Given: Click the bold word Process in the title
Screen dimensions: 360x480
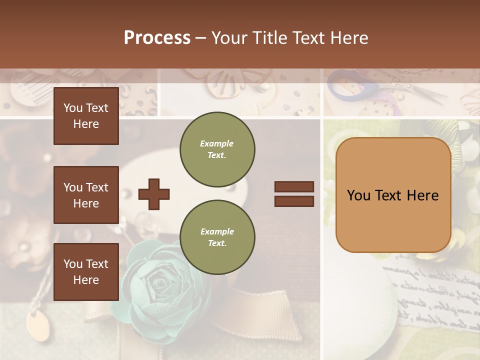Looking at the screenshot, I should click(x=157, y=37).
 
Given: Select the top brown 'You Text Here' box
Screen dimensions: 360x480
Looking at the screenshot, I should click(x=86, y=116).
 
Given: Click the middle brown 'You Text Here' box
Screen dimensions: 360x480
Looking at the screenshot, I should click(x=86, y=195).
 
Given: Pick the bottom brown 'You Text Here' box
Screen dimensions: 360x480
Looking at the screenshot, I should click(x=86, y=271).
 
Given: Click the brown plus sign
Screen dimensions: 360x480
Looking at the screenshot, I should click(x=154, y=193).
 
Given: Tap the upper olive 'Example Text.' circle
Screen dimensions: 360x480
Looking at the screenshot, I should click(x=217, y=149).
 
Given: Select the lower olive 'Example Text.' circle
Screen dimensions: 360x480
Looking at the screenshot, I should click(x=217, y=237).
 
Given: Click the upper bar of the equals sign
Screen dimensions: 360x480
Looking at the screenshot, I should click(x=294, y=186).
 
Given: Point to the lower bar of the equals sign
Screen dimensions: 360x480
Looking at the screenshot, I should click(x=294, y=201).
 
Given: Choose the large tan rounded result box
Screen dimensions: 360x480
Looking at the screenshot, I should click(x=393, y=195).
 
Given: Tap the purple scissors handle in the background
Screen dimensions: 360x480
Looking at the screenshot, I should click(x=350, y=87).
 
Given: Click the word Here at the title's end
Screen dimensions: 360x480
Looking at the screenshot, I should click(x=348, y=37).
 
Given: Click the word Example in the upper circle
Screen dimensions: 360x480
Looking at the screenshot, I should click(x=217, y=143).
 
